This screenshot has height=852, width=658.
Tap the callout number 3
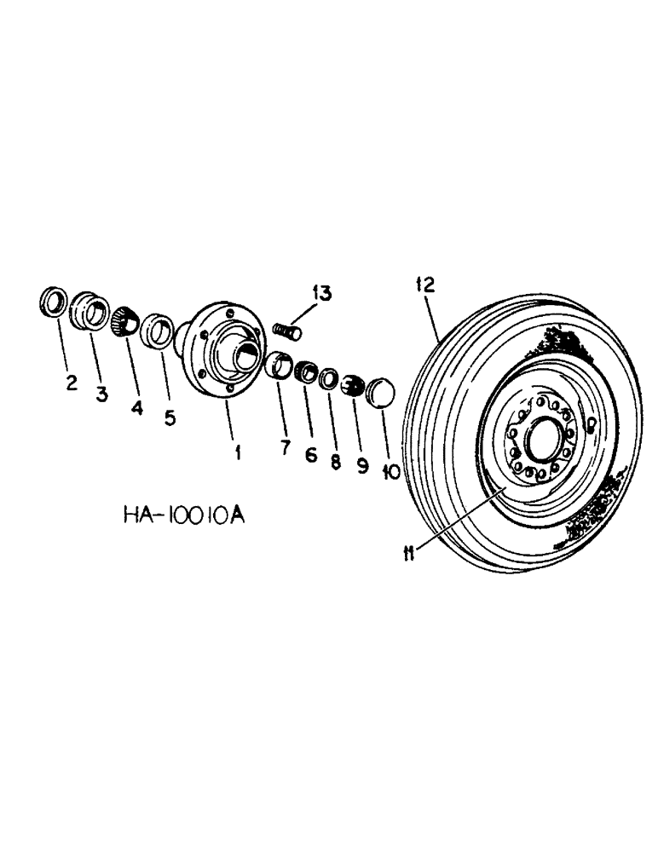pos(101,394)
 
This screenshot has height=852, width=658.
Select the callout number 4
pos(137,407)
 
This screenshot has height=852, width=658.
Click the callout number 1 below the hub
pos(238,452)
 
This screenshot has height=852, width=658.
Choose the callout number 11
pos(409,555)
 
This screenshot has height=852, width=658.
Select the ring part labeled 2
pos(53,303)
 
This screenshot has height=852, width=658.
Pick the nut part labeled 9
pos(350,386)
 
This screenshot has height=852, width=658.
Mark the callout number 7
pos(284,446)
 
